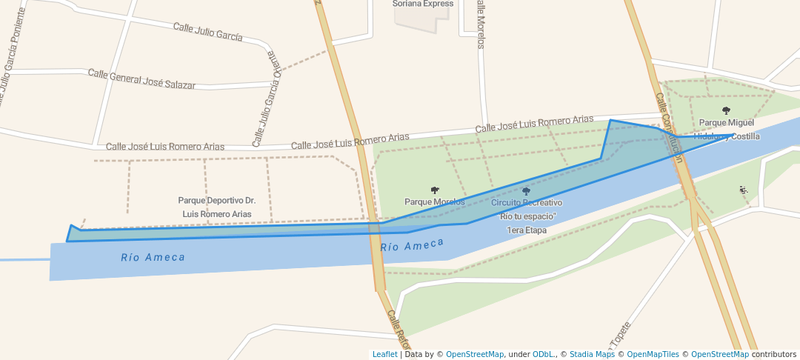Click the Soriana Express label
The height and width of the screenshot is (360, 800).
(422, 4)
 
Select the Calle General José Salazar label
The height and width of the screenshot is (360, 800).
(141, 79)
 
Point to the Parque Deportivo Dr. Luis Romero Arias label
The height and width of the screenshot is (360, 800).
(217, 207)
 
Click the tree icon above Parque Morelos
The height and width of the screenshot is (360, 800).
(435, 190)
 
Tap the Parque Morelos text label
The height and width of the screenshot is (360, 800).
(435, 201)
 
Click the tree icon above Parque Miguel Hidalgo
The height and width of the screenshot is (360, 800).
(726, 110)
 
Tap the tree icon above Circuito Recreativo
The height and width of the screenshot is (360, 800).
(527, 191)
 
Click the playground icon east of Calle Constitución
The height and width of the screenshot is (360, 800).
(744, 190)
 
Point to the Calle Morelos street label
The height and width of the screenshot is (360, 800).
(481, 24)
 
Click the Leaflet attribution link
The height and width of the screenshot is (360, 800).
(384, 354)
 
